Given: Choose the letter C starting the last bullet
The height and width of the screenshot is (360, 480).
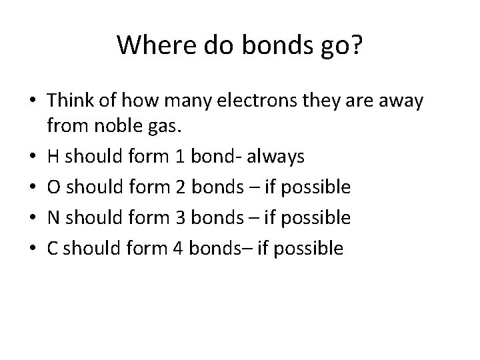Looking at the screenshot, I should pos(53,249).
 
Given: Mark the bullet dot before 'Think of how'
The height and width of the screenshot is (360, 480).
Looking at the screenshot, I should pos(32,101).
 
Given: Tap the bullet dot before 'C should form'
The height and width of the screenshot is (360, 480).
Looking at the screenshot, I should pos(32,249).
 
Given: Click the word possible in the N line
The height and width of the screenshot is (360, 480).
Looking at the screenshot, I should pos(315,218).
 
